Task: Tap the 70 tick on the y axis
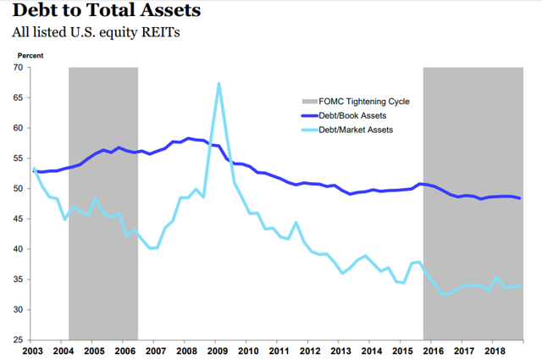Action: click(x=19, y=68)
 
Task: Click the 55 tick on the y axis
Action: click(x=19, y=158)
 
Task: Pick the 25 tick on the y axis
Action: click(x=19, y=340)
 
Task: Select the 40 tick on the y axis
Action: click(x=19, y=249)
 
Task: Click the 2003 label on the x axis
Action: click(x=33, y=350)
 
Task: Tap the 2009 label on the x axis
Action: click(x=217, y=350)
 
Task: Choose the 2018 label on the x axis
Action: click(x=493, y=350)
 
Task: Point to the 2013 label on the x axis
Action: click(x=340, y=350)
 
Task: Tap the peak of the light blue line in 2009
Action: click(x=219, y=83)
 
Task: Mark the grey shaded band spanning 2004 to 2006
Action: click(x=102, y=203)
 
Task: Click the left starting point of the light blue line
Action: click(x=33, y=168)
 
